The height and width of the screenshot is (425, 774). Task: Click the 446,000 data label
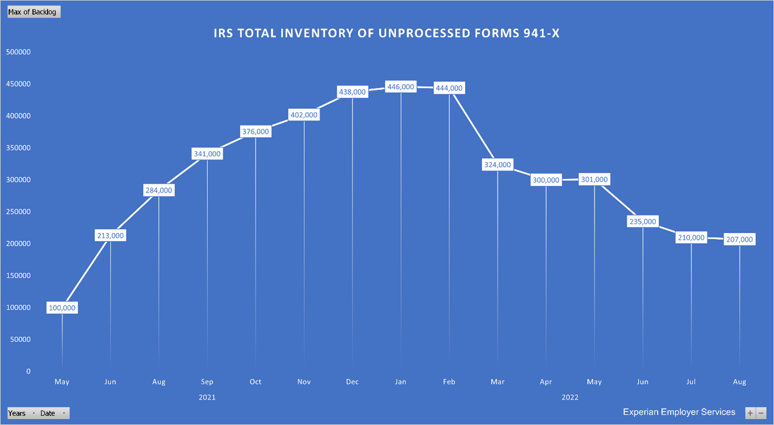click(x=401, y=87)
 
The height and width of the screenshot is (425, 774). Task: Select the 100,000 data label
click(x=62, y=308)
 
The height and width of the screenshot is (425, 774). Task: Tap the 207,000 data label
click(x=739, y=239)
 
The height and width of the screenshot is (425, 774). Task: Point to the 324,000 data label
click(x=497, y=165)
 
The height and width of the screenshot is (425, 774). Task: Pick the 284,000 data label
click(x=159, y=190)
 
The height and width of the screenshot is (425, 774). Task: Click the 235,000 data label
click(x=642, y=221)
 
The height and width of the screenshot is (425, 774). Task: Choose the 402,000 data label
click(x=304, y=115)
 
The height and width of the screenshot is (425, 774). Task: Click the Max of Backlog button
click(x=32, y=12)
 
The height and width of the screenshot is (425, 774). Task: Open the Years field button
click(x=22, y=413)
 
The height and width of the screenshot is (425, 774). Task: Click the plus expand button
click(x=750, y=413)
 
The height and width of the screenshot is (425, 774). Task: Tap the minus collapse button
click(x=762, y=413)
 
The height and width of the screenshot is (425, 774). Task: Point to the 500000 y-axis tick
click(x=18, y=52)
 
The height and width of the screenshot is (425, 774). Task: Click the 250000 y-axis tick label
click(x=18, y=212)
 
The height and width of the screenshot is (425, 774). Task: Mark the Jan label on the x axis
click(x=401, y=382)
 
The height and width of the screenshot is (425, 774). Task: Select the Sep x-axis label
click(x=207, y=382)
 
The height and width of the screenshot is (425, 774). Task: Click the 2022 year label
click(x=570, y=397)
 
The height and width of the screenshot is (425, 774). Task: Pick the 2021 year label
click(x=207, y=397)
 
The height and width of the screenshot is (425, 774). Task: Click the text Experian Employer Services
click(x=679, y=412)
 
